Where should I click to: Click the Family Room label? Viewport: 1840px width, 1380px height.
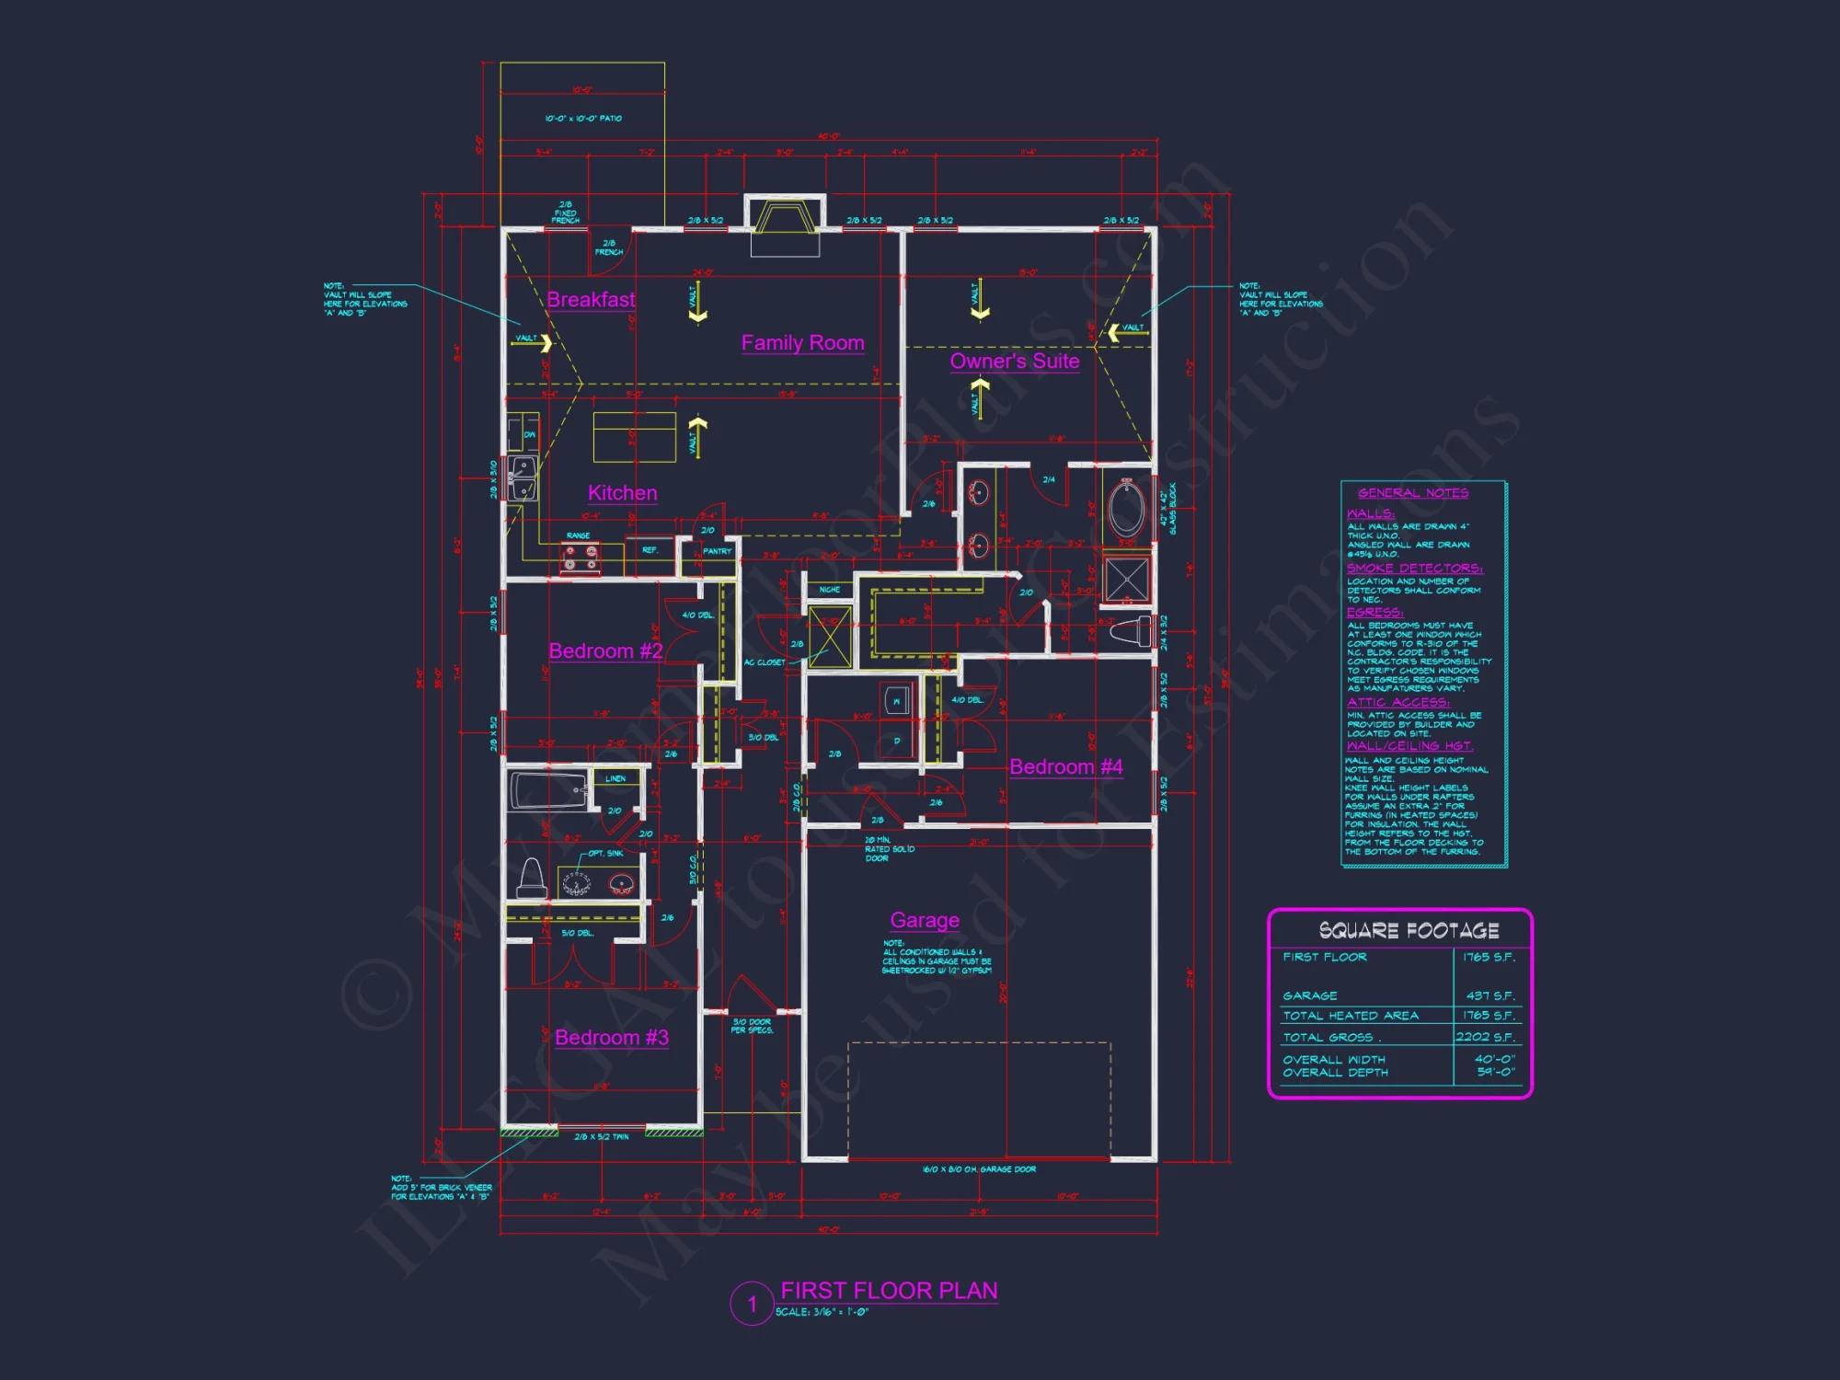802,343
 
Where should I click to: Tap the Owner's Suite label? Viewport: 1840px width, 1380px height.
1014,362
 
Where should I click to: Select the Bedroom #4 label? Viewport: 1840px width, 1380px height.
1065,767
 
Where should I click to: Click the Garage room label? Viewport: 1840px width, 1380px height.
925,920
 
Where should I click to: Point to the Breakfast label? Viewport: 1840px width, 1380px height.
591,300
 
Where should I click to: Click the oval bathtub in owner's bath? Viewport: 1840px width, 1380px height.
1126,508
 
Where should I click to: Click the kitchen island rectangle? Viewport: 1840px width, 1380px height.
635,437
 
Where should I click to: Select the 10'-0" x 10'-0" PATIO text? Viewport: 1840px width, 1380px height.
583,119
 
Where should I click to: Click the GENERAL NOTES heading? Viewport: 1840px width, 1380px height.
1413,493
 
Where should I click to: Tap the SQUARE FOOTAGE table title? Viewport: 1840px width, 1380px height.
1409,931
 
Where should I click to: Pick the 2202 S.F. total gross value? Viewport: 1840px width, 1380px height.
1484,1037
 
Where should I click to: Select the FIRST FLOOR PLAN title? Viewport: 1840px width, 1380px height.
889,1291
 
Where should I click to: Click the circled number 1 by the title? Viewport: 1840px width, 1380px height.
752,1304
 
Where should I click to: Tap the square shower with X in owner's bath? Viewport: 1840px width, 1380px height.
1126,580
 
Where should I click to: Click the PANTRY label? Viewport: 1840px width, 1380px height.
717,552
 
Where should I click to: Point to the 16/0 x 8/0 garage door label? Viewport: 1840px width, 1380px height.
979,1169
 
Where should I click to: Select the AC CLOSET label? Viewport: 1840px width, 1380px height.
765,662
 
